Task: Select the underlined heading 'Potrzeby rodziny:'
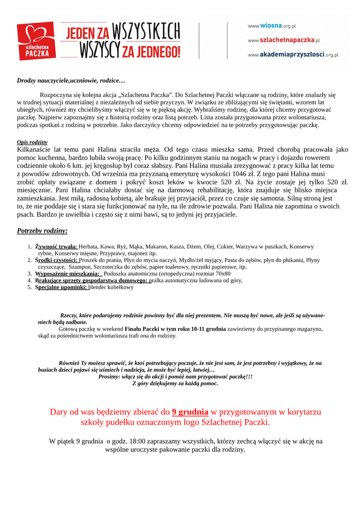click(42, 231)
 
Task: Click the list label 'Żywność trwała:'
click(56, 247)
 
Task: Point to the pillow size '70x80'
click(222, 273)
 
